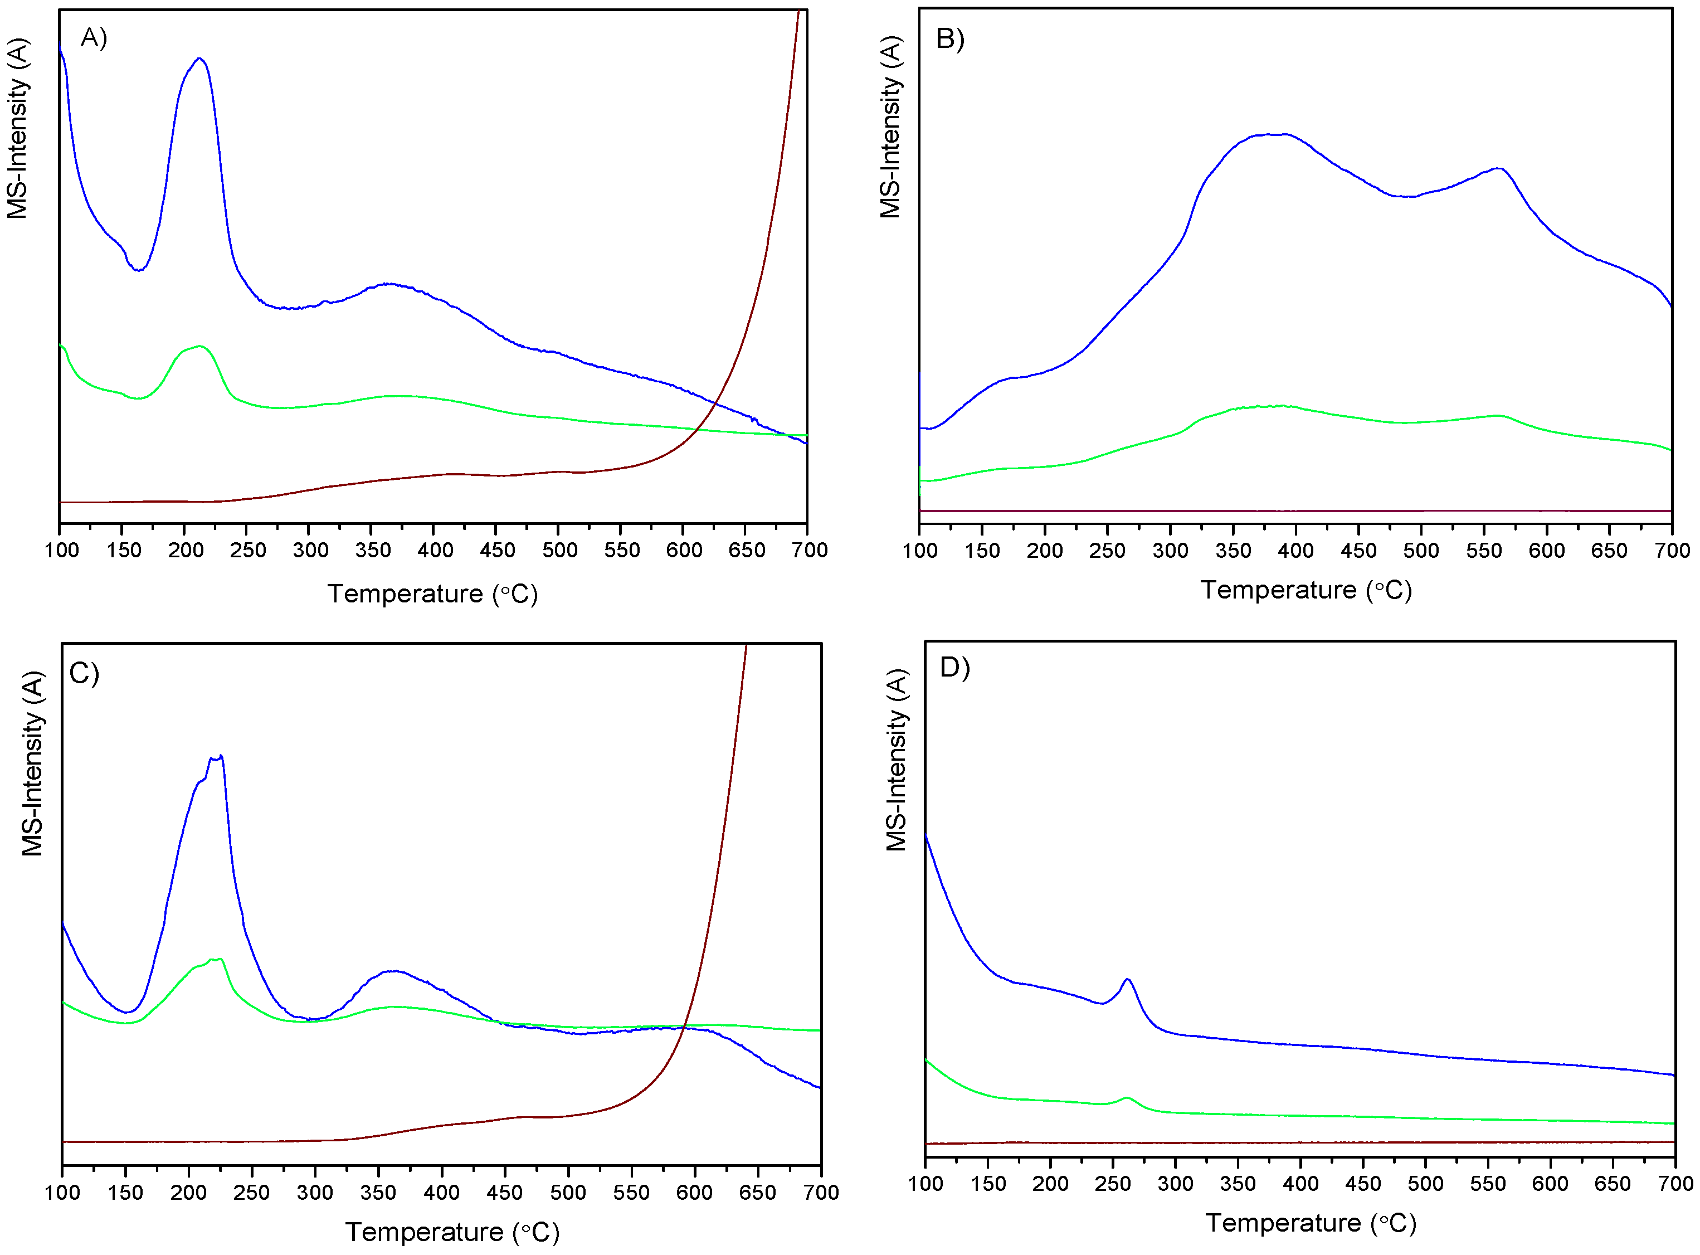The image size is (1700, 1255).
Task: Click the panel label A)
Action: click(x=94, y=37)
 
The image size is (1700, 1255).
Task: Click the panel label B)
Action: click(x=949, y=38)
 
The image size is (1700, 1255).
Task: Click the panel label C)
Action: click(x=84, y=673)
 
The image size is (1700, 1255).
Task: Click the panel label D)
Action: click(x=955, y=667)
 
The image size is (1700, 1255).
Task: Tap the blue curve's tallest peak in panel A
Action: click(x=199, y=59)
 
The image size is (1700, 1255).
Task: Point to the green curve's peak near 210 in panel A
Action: click(x=200, y=347)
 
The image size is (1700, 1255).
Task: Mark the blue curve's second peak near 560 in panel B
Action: click(x=1497, y=169)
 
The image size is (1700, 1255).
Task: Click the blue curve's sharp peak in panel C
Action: click(x=220, y=756)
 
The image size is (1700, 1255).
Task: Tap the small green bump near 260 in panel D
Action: click(x=1127, y=1098)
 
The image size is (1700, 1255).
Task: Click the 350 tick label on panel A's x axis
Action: click(x=372, y=550)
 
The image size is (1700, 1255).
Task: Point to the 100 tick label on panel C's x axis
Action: click(x=62, y=1193)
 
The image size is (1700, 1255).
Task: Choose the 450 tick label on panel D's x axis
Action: click(x=1363, y=1184)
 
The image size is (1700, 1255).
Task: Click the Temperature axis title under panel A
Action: click(x=432, y=594)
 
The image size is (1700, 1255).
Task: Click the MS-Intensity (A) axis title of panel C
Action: click(x=33, y=763)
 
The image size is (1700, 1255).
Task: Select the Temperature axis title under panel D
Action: click(x=1311, y=1223)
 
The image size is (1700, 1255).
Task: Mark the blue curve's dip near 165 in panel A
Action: click(x=138, y=270)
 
